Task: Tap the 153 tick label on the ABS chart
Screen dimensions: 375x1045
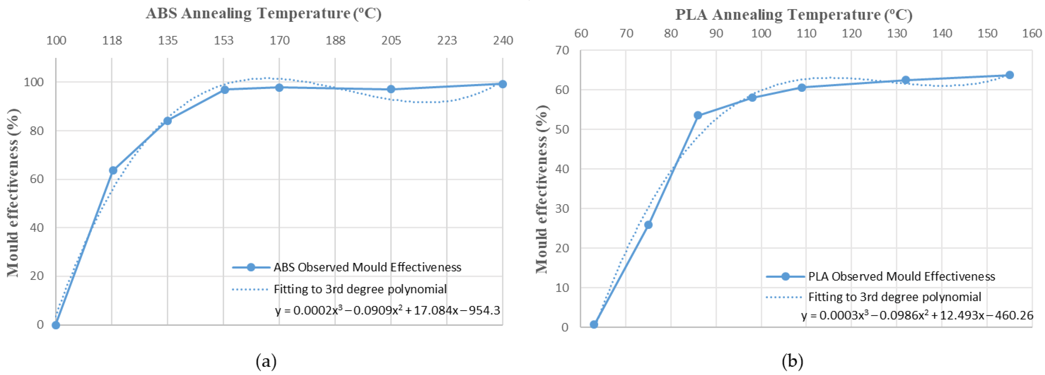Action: [223, 40]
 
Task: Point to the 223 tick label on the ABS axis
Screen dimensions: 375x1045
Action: [447, 40]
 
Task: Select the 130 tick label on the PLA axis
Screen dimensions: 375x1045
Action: [896, 33]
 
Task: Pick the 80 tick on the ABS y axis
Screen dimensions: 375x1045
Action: [36, 131]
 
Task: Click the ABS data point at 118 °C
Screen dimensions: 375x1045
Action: [113, 170]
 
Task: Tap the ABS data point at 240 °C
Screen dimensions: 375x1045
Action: [502, 84]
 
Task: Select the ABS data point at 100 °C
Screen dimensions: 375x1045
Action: [56, 325]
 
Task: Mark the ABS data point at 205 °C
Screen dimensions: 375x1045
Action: [391, 89]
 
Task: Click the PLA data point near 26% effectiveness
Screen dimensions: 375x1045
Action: [648, 225]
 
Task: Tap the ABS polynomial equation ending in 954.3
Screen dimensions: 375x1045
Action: [387, 310]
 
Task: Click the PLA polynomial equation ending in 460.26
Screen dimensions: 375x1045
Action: [917, 315]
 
